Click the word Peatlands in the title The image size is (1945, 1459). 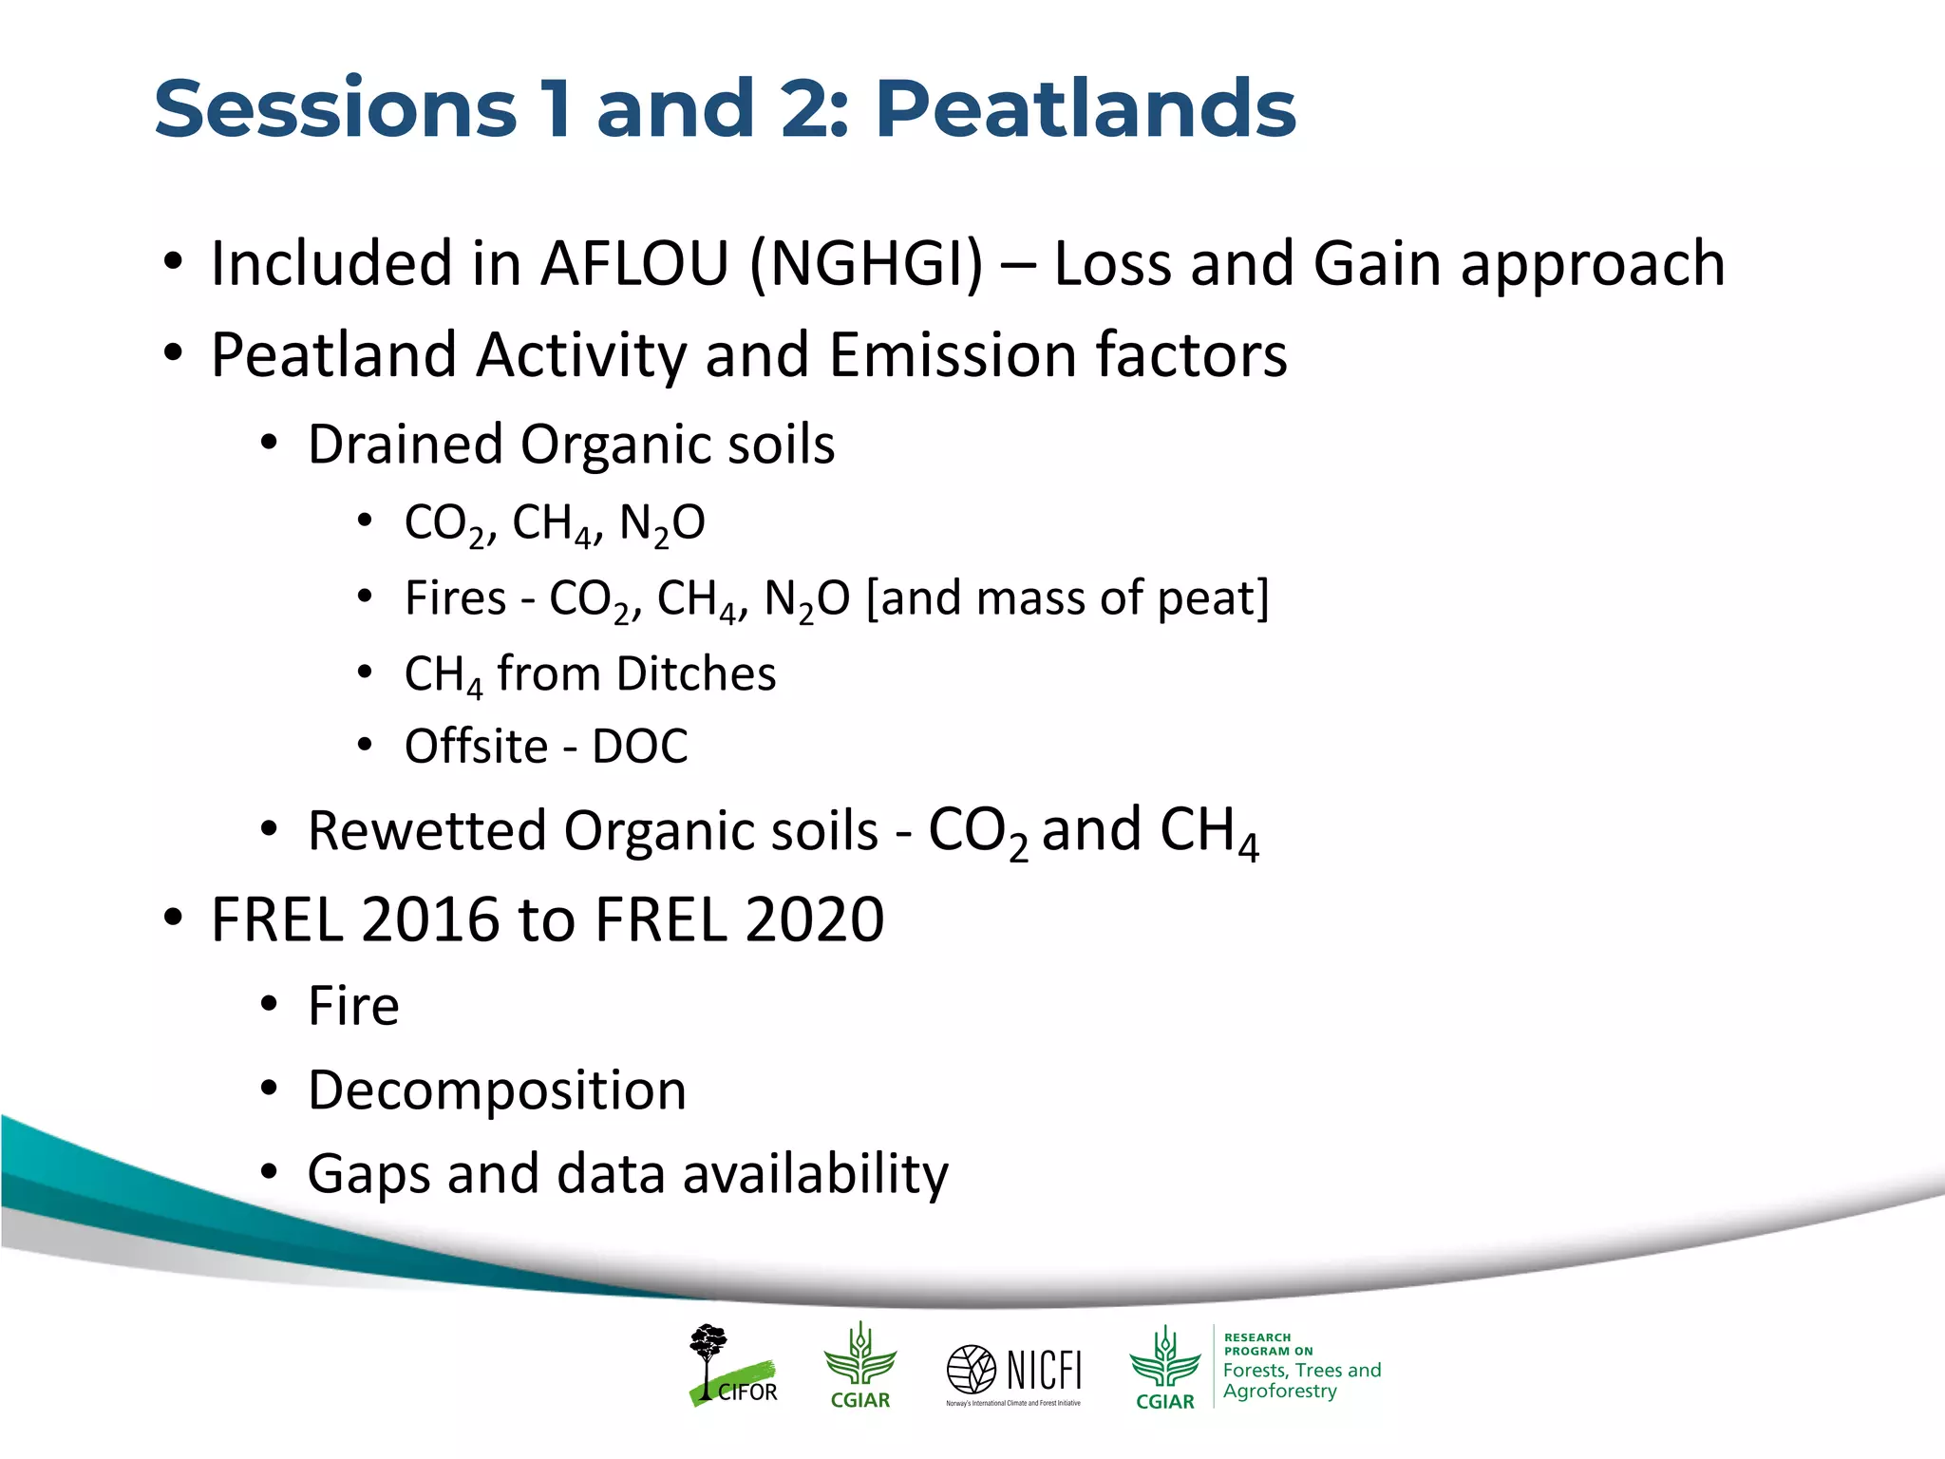click(1085, 109)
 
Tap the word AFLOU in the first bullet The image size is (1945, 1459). click(633, 263)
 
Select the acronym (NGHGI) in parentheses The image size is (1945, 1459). click(866, 263)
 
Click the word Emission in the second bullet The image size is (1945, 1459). click(953, 355)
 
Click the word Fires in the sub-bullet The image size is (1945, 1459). click(455, 598)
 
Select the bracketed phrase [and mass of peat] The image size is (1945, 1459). click(1067, 598)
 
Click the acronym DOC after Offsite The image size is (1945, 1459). click(640, 747)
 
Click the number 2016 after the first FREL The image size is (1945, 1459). click(430, 919)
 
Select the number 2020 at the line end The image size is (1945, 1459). click(814, 919)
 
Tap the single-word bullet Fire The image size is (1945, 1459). click(353, 1006)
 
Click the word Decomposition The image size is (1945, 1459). click(497, 1090)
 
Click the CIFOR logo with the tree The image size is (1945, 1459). click(732, 1366)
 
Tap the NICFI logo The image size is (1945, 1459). click(1014, 1373)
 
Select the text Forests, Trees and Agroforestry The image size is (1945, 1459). click(1300, 1380)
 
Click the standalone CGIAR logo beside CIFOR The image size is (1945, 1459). click(859, 1366)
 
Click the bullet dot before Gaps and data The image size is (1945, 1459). click(270, 1174)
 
